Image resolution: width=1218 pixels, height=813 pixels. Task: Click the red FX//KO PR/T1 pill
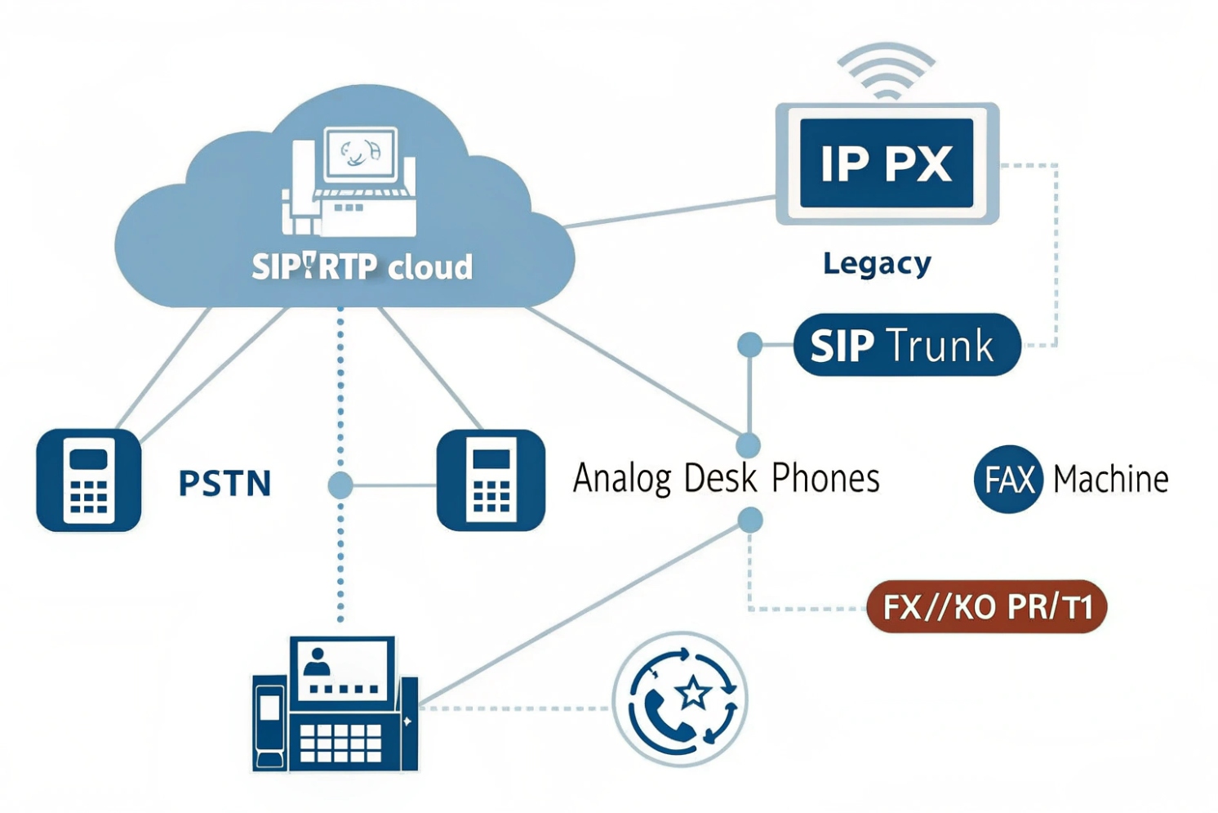(x=986, y=607)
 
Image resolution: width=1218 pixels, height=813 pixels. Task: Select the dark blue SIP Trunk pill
(x=906, y=345)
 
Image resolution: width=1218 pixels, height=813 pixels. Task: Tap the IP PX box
(x=887, y=163)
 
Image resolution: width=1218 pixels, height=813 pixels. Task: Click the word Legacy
(x=877, y=263)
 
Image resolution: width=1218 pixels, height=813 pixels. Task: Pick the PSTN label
(x=224, y=483)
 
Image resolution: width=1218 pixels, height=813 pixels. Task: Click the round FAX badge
(x=1008, y=479)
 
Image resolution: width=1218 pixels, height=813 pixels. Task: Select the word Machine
(x=1110, y=479)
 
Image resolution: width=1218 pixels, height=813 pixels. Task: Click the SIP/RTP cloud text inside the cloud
(x=362, y=267)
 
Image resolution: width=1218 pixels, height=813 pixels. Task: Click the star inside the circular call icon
(x=694, y=693)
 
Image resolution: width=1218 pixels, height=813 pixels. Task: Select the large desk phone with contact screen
(x=336, y=704)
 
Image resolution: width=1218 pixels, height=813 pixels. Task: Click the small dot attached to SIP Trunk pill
(x=749, y=345)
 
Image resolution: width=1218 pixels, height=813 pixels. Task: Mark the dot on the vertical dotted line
(x=340, y=485)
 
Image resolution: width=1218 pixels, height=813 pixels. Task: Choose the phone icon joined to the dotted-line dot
(x=491, y=480)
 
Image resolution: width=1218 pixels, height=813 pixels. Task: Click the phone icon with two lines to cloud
(x=89, y=480)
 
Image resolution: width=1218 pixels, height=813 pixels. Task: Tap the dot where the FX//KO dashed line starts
(x=749, y=520)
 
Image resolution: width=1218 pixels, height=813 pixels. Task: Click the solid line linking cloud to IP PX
(x=669, y=211)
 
